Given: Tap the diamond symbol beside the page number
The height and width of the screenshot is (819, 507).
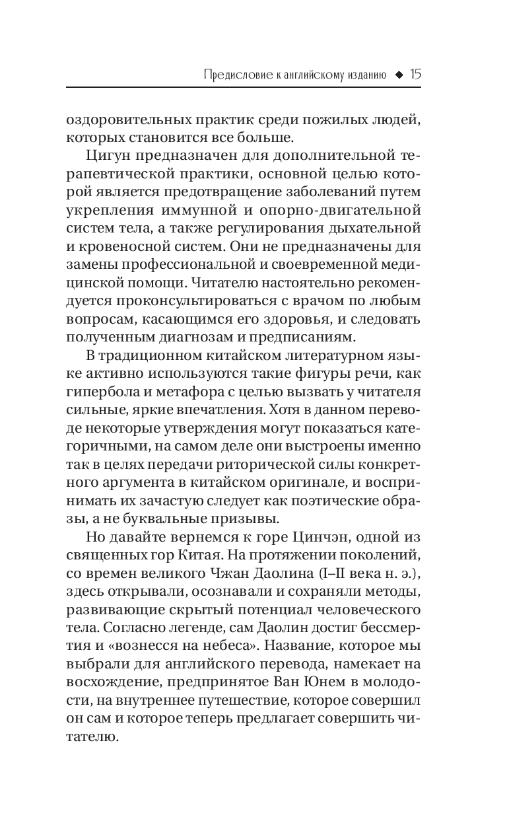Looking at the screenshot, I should [x=398, y=75].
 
